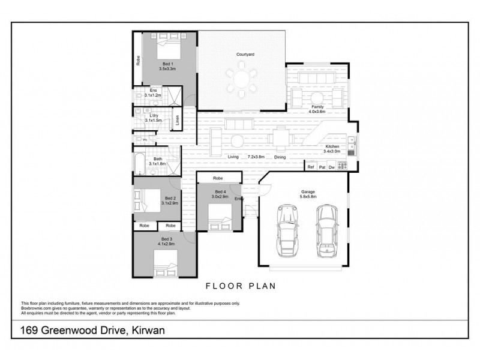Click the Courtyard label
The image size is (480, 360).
click(246, 55)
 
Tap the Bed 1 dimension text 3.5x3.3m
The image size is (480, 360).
click(167, 69)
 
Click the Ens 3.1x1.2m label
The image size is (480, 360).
click(153, 93)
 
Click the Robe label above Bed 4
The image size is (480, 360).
click(218, 178)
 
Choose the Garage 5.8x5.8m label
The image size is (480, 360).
click(308, 194)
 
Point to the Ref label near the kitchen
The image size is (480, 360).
click(311, 167)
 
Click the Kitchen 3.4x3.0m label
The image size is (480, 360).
click(332, 149)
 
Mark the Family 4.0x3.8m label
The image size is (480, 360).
click(317, 109)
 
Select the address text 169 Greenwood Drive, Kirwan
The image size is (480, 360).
click(91, 330)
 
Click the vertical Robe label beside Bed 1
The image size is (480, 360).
click(138, 60)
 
